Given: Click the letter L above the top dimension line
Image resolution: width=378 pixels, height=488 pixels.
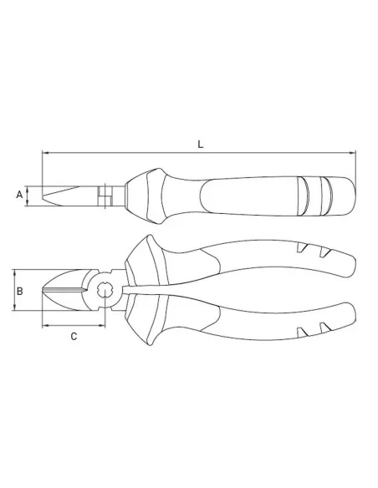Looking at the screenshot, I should point(199,144).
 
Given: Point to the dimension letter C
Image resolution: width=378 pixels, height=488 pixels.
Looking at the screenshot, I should point(74,337).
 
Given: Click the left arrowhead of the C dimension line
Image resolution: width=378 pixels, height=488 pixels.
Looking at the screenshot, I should point(45,325).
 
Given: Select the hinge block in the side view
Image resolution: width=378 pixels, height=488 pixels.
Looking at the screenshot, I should point(104,196).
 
